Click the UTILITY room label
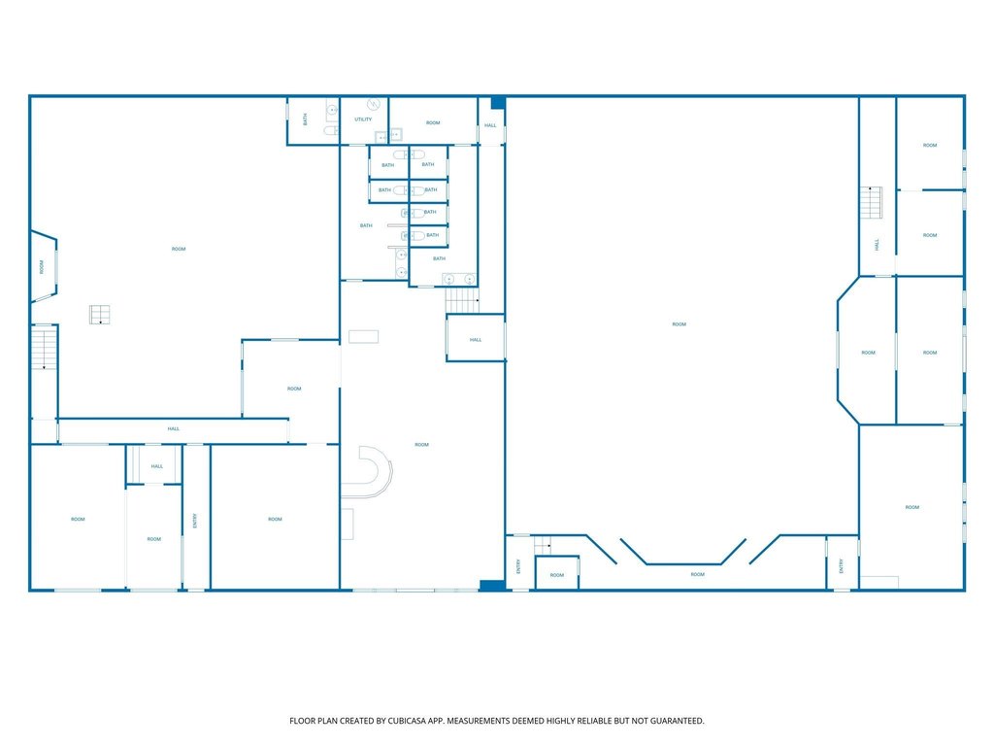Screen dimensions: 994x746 click(363, 119)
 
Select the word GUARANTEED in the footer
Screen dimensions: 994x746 click(679, 721)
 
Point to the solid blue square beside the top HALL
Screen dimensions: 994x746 click(498, 103)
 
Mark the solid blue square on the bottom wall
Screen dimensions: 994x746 click(492, 586)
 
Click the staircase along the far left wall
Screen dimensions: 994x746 click(45, 348)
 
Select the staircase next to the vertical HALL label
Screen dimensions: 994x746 click(871, 202)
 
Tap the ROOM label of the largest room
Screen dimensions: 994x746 click(679, 324)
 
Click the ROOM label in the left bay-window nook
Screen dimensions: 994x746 click(42, 266)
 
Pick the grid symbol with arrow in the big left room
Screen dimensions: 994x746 click(100, 315)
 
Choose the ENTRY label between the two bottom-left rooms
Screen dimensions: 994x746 click(195, 521)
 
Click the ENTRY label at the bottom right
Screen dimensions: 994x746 click(842, 566)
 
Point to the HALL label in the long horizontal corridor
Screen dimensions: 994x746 click(173, 428)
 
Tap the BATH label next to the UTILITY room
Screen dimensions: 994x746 click(306, 119)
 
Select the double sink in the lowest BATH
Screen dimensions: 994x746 click(459, 279)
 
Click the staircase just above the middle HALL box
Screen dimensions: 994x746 click(461, 300)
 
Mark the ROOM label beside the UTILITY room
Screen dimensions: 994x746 click(433, 122)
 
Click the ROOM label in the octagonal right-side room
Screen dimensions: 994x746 click(869, 352)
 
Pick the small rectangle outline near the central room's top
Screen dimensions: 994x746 click(363, 336)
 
